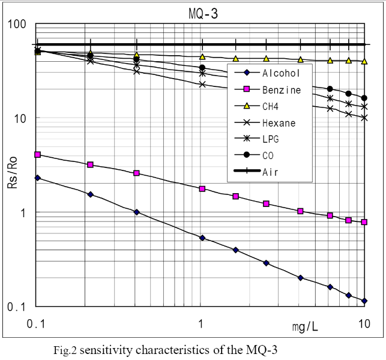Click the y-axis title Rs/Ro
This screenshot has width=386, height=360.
tap(12, 177)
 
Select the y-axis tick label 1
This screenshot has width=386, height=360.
tap(24, 212)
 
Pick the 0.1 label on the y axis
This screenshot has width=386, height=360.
tap(17, 307)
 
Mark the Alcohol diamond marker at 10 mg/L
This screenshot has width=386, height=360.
tap(364, 301)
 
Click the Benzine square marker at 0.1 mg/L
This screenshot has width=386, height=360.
tap(38, 155)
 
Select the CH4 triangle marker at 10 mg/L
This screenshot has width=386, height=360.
tap(364, 61)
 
